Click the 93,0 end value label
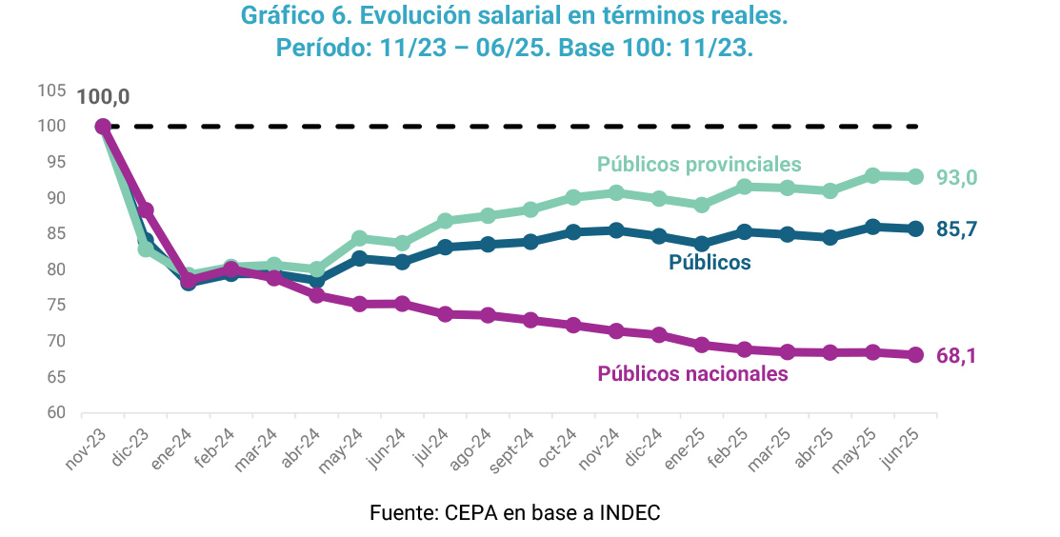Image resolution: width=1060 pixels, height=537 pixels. click(956, 178)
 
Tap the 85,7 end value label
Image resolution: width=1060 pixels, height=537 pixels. click(956, 229)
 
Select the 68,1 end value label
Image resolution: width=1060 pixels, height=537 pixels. click(956, 356)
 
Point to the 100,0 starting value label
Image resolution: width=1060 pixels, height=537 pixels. click(102, 97)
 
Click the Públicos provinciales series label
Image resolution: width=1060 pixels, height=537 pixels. click(699, 165)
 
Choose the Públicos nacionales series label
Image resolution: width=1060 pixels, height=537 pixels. click(692, 374)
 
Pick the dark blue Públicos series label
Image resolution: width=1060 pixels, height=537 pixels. click(710, 262)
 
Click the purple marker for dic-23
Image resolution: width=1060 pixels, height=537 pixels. click(146, 210)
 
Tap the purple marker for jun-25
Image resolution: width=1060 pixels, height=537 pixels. click(916, 355)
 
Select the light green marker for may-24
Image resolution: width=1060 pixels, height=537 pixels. click(359, 238)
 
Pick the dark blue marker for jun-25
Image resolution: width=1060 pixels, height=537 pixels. click(916, 229)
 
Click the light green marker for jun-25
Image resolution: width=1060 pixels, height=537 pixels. click(916, 176)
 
